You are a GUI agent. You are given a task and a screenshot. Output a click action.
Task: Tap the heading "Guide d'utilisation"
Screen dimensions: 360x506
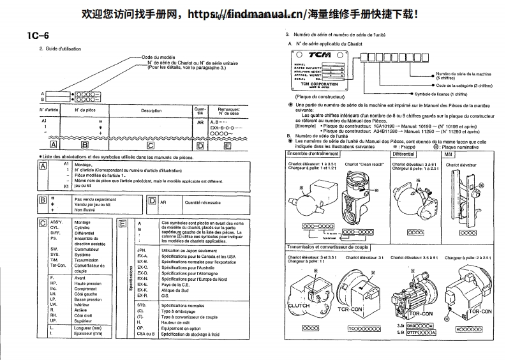[x=61, y=49]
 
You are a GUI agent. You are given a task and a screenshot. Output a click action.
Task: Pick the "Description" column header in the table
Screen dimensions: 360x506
[x=151, y=110]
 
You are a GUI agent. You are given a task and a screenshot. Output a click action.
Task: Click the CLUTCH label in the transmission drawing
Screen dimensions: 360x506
[x=299, y=306]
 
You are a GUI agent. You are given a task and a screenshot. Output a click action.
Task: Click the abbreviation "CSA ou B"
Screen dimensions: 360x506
[x=146, y=334]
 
